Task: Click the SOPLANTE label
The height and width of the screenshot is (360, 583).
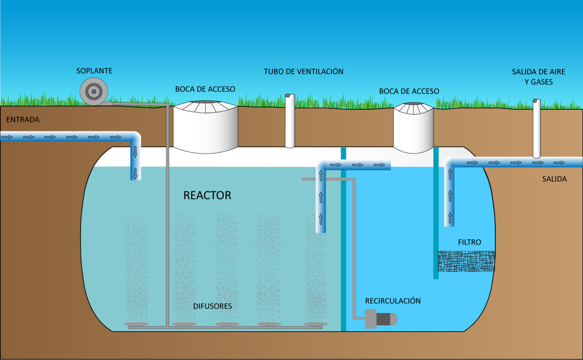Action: tap(94, 71)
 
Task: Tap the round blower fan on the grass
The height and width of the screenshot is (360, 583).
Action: tap(94, 91)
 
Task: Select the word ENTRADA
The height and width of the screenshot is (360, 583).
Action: tap(23, 119)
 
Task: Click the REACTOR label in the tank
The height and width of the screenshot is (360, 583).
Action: tap(207, 195)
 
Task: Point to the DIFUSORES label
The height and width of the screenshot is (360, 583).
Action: tap(213, 306)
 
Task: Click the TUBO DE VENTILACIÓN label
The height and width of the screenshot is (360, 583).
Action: tap(303, 72)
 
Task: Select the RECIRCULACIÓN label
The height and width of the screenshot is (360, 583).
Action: tap(393, 301)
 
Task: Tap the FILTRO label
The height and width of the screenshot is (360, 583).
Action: tap(470, 242)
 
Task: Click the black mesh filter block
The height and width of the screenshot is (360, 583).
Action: tap(466, 261)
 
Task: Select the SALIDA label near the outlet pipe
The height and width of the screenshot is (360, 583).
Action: tap(554, 179)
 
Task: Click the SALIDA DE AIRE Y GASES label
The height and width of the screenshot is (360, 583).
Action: tap(538, 77)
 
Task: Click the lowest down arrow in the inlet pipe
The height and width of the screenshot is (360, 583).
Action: tap(136, 174)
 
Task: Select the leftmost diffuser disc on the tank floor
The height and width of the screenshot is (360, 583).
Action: tap(136, 324)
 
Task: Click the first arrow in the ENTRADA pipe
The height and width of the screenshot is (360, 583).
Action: tap(7, 137)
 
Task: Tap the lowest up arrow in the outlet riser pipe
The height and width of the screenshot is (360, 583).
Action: tap(450, 217)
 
